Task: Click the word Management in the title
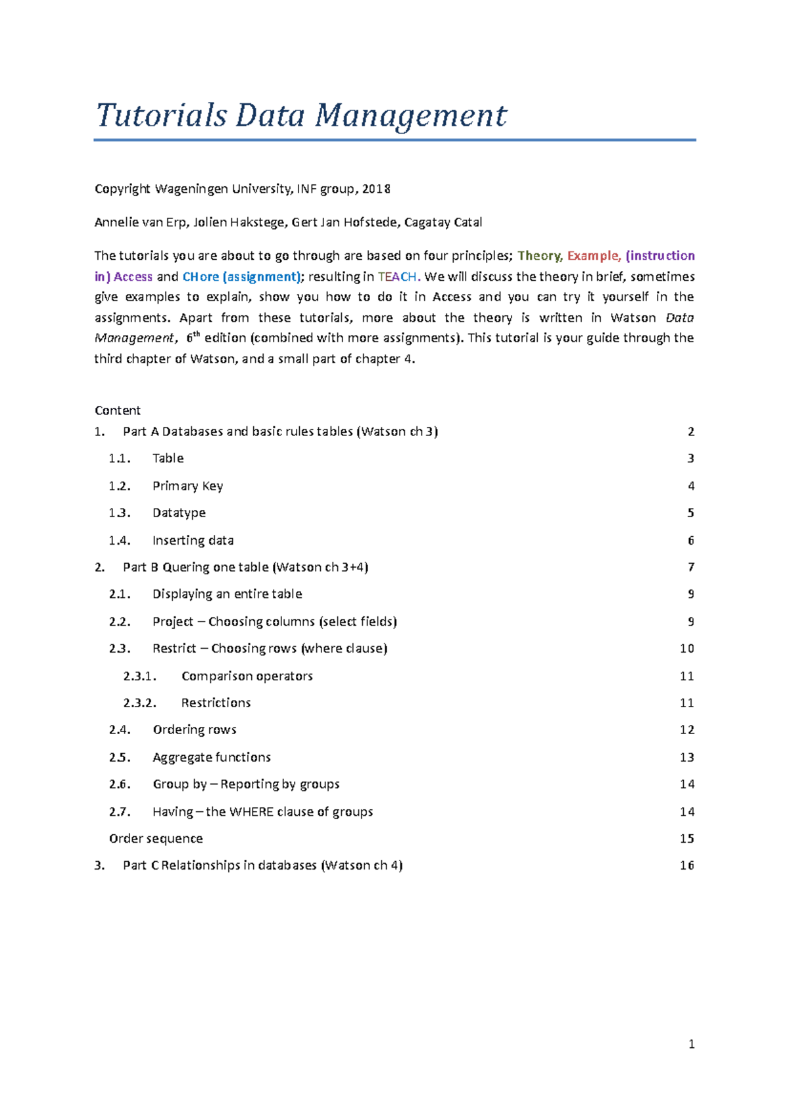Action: point(410,116)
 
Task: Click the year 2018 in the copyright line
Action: point(376,189)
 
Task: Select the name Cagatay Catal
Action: point(443,222)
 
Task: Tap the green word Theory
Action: point(539,256)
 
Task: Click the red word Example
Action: point(593,256)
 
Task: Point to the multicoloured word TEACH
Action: point(397,277)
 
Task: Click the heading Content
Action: point(118,410)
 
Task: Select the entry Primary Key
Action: point(187,486)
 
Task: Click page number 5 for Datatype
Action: point(690,513)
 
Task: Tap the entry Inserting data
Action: point(193,541)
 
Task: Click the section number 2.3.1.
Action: point(139,676)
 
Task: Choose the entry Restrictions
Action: point(216,703)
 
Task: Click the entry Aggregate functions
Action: point(211,758)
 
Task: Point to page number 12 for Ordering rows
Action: point(687,730)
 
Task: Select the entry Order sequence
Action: point(156,839)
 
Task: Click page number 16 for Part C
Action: point(687,866)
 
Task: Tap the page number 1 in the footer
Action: point(691,1044)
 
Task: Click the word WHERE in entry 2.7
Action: point(251,812)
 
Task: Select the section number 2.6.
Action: point(120,785)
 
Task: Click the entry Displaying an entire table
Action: point(227,594)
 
